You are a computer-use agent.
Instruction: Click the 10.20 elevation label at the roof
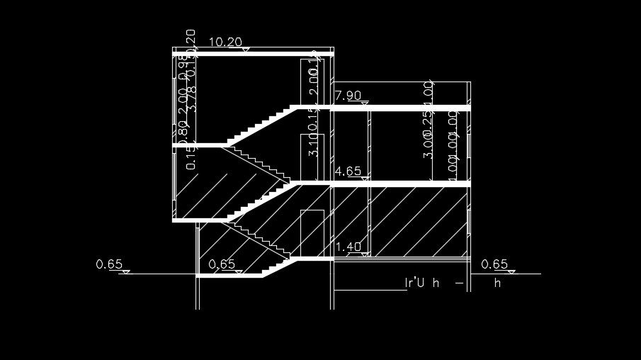pyautogui.click(x=226, y=43)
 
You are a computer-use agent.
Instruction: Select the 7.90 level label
pyautogui.click(x=348, y=96)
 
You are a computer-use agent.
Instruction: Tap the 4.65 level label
pyautogui.click(x=348, y=171)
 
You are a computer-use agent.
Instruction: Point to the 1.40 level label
pyautogui.click(x=348, y=247)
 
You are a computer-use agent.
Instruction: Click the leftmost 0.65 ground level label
pyautogui.click(x=109, y=264)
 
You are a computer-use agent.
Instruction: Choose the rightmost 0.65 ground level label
pyautogui.click(x=494, y=264)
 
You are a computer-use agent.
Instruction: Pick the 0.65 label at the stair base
pyautogui.click(x=222, y=264)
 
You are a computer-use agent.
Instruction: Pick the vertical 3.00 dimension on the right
pyautogui.click(x=428, y=145)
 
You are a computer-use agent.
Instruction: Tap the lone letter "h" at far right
pyautogui.click(x=497, y=283)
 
